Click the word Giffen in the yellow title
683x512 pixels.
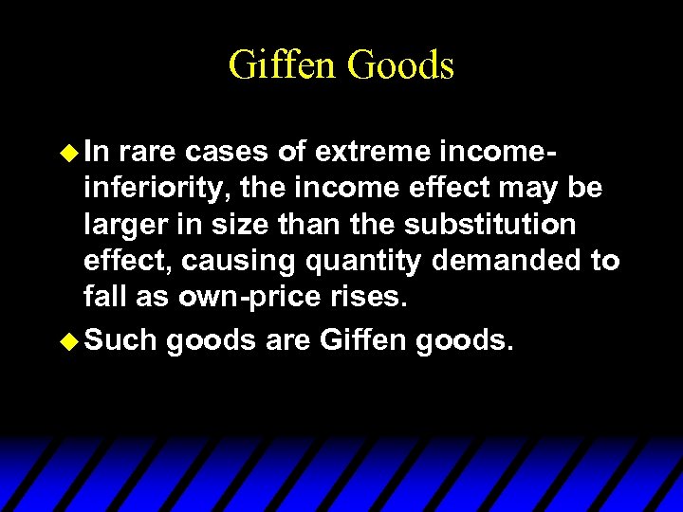pos(283,65)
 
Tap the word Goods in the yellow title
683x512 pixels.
pos(400,65)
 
